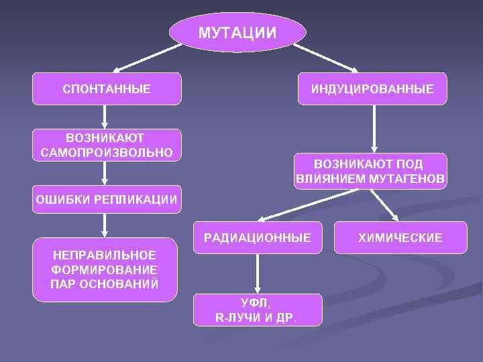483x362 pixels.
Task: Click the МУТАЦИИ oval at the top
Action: (237, 32)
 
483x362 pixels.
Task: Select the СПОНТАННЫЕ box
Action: (107, 88)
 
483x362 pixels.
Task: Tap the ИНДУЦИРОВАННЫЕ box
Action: (372, 88)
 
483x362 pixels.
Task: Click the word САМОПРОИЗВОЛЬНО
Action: (107, 152)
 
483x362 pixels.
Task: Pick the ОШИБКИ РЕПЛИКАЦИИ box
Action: (107, 199)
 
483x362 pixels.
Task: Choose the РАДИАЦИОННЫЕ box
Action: (258, 237)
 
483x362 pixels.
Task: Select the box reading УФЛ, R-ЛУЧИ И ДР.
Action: (257, 310)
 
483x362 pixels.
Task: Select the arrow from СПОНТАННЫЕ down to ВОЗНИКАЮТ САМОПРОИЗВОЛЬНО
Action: (104, 117)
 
